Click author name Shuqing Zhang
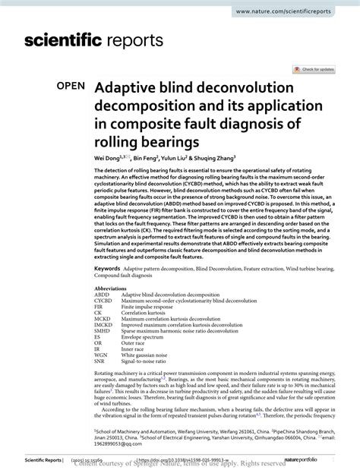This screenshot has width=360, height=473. (x=214, y=161)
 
